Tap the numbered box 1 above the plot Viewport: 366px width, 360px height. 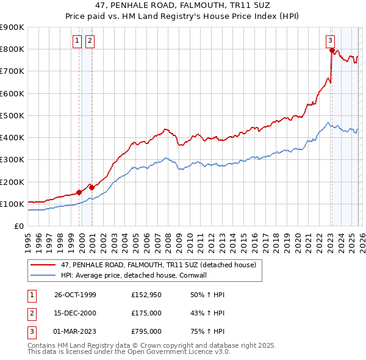(78, 41)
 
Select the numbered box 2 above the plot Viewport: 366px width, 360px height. (90, 41)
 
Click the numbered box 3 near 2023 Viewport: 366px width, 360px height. (330, 41)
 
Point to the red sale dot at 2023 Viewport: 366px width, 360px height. (331, 51)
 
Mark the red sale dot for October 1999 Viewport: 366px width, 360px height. (79, 192)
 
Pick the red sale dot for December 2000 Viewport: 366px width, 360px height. (91, 187)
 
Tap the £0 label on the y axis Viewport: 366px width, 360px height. (19, 226)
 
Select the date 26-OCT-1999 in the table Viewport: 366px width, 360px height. (75, 295)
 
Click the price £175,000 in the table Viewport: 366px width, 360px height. (146, 313)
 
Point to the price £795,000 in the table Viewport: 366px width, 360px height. (146, 331)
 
